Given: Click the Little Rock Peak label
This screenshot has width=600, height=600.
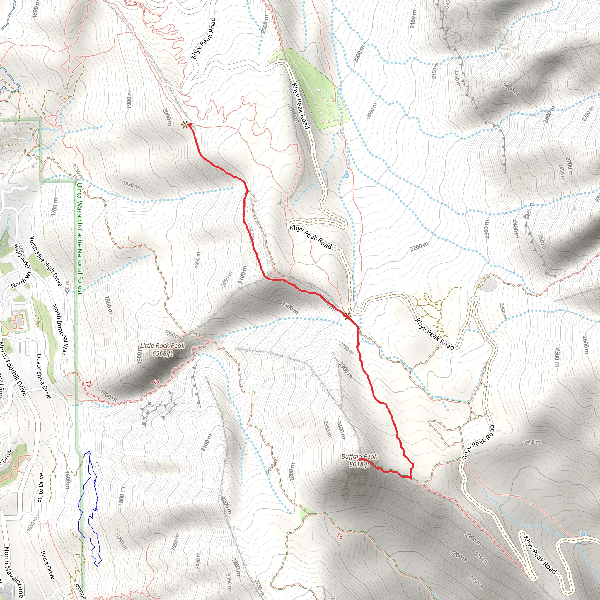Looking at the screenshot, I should tap(162, 346).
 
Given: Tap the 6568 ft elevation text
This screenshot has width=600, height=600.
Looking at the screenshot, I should tap(162, 353).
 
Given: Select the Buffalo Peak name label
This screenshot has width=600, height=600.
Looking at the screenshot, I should tap(359, 456).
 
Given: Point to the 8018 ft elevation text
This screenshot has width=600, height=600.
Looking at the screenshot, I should tap(359, 464).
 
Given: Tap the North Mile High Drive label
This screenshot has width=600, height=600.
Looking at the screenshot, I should tap(46, 261).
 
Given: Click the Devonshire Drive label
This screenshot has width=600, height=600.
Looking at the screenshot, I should tap(44, 376).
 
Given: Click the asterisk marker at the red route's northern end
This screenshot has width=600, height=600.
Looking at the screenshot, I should tap(185, 125).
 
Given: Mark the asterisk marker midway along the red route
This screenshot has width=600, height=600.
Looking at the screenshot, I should tap(347, 316).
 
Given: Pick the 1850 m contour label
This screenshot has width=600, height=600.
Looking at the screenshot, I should tap(131, 185).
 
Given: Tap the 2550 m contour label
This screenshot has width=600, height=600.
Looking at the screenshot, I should tap(542, 243).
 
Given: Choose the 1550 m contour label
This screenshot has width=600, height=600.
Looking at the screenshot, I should tap(33, 524).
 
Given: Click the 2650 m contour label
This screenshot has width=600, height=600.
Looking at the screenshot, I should tap(562, 172).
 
